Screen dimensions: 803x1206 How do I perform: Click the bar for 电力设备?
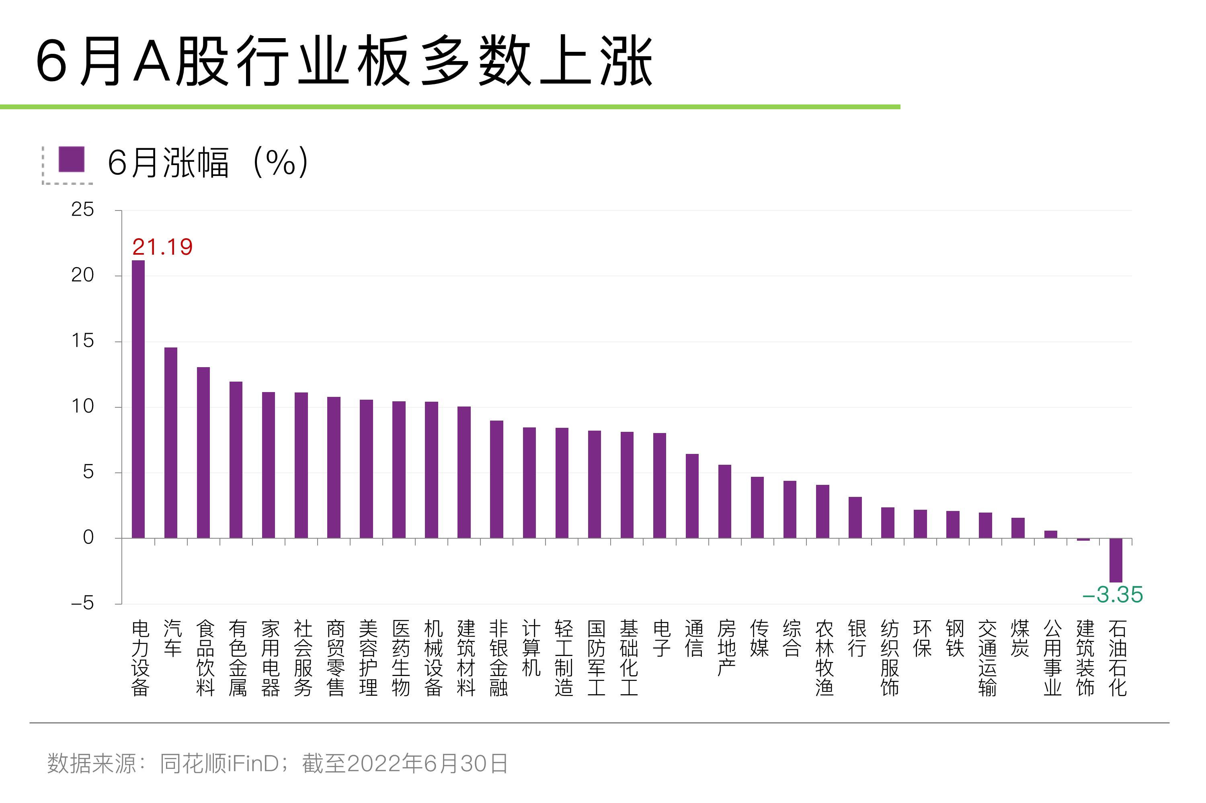coord(138,399)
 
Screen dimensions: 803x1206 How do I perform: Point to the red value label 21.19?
coord(162,247)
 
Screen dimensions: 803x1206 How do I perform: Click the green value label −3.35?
coord(1112,595)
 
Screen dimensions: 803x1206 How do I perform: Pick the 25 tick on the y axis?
coord(82,209)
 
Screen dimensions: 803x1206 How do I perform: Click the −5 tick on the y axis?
coord(82,603)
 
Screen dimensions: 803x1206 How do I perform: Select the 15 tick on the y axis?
coord(82,341)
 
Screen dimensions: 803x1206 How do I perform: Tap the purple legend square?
coord(71,159)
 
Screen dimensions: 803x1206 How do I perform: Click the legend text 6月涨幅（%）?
coord(207,162)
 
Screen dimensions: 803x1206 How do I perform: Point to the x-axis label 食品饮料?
coord(205,658)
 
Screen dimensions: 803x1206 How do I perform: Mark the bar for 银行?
coord(855,517)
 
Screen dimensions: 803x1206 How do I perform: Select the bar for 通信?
coord(692,496)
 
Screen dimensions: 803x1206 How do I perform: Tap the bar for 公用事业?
coord(1051,534)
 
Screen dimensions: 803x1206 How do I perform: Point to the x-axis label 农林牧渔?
coord(824,658)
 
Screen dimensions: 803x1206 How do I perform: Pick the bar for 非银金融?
coord(496,479)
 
